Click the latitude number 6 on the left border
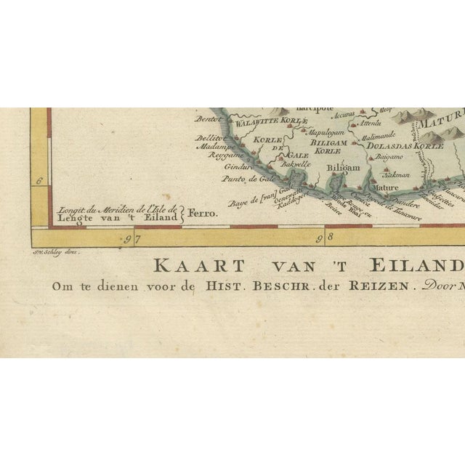point(40,182)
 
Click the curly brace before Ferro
point(182,214)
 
